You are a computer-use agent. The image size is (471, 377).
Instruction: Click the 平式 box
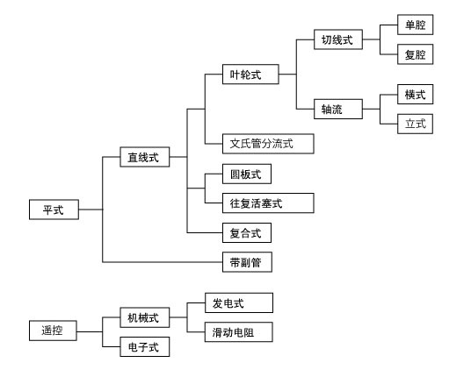coord(54,210)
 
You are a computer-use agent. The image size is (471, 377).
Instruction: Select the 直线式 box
coord(145,157)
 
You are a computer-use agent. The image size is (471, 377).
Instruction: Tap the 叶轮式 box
coord(250,75)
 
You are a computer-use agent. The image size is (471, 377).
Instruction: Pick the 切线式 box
coord(338,39)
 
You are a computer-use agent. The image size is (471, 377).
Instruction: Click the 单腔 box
coord(415,25)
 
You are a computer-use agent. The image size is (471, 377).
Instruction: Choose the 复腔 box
coord(415,54)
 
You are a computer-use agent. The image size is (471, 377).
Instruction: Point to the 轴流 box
coord(338,109)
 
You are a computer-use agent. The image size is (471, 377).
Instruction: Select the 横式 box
coord(415,95)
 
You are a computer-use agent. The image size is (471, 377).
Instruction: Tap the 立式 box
coord(415,124)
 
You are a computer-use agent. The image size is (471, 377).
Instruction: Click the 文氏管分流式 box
coord(268,144)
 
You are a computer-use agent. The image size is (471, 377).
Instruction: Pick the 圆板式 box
coord(247,174)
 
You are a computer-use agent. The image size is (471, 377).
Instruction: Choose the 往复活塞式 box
coord(268,203)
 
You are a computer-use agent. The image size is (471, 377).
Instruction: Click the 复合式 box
coord(247,232)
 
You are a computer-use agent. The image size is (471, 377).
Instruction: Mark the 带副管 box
coord(247,262)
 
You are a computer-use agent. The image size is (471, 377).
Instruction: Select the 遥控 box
coord(53,331)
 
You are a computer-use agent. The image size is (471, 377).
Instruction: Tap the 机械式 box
coord(145,317)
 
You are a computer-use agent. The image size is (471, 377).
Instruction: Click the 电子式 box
coord(145,346)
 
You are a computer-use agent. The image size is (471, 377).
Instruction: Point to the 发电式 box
coord(239,303)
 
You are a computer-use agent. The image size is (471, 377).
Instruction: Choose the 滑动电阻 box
coord(239,332)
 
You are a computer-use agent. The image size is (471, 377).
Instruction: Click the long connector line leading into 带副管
coord(163,262)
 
